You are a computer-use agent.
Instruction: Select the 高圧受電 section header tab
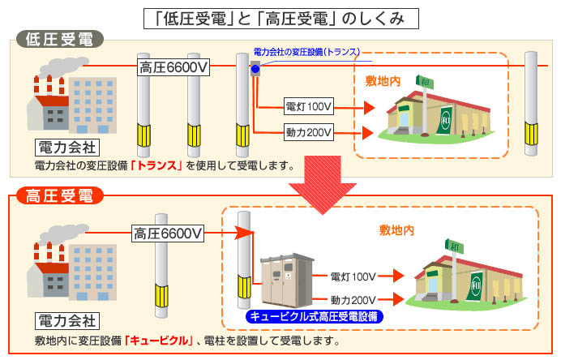click(x=58, y=195)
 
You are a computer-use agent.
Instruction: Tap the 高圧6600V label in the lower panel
click(x=168, y=234)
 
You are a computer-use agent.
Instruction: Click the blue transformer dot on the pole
click(x=255, y=70)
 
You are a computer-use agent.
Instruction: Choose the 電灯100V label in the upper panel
click(x=309, y=107)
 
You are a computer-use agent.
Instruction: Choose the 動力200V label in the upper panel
click(x=309, y=132)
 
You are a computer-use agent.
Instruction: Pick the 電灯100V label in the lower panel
click(x=353, y=276)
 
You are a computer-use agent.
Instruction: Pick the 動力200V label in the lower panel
click(x=353, y=300)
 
